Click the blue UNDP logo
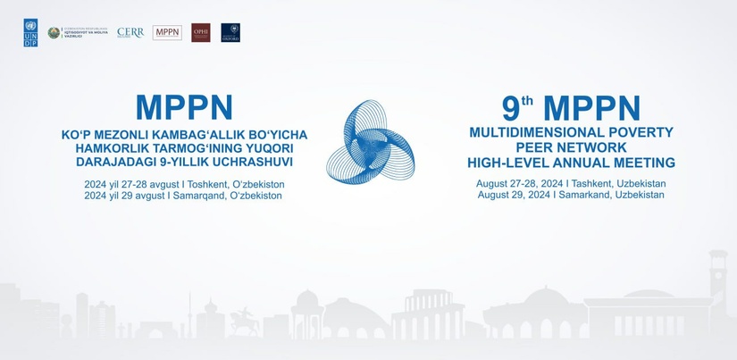(31, 33)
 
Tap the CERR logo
(130, 33)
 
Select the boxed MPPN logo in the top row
(167, 33)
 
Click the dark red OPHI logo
(201, 33)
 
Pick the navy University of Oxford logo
(230, 33)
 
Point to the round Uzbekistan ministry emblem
(54, 33)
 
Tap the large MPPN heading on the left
(184, 108)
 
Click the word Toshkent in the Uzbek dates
(208, 183)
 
